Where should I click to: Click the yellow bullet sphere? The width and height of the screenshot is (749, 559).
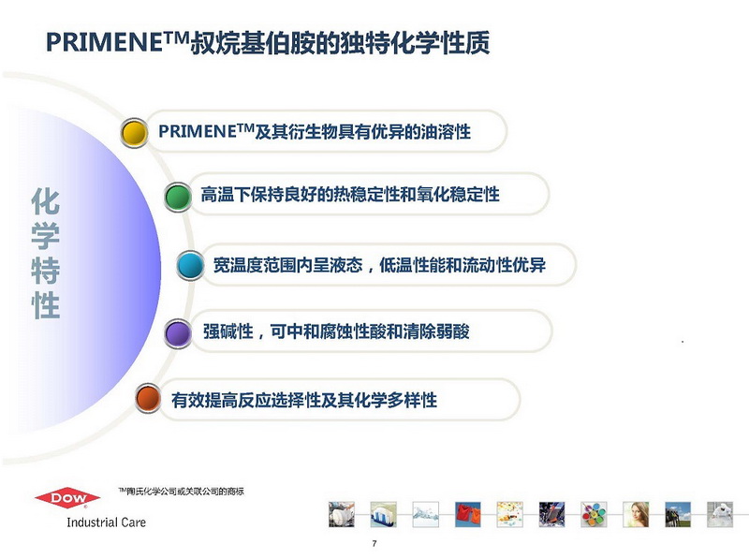tap(134, 133)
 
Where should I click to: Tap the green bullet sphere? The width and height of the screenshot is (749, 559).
tap(178, 197)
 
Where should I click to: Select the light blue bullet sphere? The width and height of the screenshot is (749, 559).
tap(190, 265)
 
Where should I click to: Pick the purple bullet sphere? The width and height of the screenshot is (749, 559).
tap(178, 333)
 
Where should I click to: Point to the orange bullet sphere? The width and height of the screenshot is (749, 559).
tap(148, 398)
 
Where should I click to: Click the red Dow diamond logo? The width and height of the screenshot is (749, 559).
tap(67, 498)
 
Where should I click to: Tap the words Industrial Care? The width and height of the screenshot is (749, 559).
tap(106, 522)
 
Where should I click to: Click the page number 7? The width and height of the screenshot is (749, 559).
tap(374, 543)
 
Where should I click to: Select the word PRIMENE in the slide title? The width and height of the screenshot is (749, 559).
tap(105, 42)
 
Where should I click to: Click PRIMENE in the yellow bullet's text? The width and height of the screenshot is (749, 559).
tap(198, 131)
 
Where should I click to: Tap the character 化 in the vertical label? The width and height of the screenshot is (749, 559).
tap(46, 201)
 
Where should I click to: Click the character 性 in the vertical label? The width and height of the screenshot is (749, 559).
tap(46, 305)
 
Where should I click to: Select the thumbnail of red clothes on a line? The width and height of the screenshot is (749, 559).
tap(467, 514)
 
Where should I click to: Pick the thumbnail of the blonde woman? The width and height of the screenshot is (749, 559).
tap(636, 514)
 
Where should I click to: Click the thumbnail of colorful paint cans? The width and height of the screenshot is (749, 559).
tap(594, 514)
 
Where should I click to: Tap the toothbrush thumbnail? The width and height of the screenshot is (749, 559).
tap(384, 514)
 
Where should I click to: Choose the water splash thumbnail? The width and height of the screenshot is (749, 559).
tap(426, 514)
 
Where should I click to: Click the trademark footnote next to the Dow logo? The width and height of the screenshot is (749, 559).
tap(181, 492)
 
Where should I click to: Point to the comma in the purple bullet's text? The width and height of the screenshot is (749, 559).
tap(261, 334)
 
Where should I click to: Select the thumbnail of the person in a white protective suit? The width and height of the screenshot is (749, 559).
tap(720, 514)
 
